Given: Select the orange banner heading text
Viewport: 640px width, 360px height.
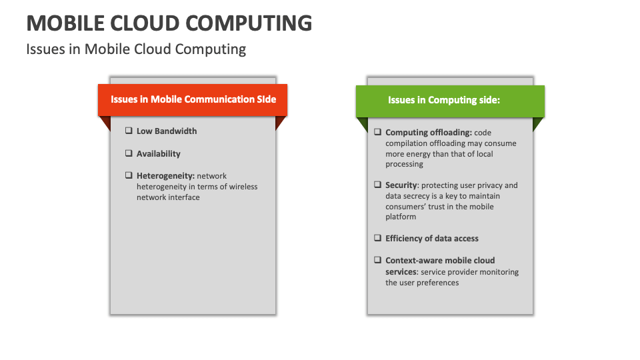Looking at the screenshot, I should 193,99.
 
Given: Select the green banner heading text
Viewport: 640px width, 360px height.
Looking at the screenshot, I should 444,100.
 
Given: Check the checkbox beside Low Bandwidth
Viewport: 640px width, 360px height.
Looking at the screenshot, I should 129,131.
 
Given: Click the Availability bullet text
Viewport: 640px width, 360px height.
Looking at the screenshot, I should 159,153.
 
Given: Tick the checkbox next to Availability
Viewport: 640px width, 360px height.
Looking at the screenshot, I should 129,153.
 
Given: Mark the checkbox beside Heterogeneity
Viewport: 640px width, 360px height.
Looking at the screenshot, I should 129,175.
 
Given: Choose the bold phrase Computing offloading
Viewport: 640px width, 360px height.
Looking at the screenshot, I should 429,133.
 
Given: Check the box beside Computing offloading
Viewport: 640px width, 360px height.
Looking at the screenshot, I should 378,132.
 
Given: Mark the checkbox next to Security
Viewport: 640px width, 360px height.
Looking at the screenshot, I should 378,185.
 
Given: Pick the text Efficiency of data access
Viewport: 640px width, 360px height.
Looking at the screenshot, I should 432,238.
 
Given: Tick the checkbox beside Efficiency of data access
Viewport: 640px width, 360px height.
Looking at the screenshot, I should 378,238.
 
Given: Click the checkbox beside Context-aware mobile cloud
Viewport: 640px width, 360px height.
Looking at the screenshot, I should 378,260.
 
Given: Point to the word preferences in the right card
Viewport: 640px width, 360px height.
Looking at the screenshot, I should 438,283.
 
